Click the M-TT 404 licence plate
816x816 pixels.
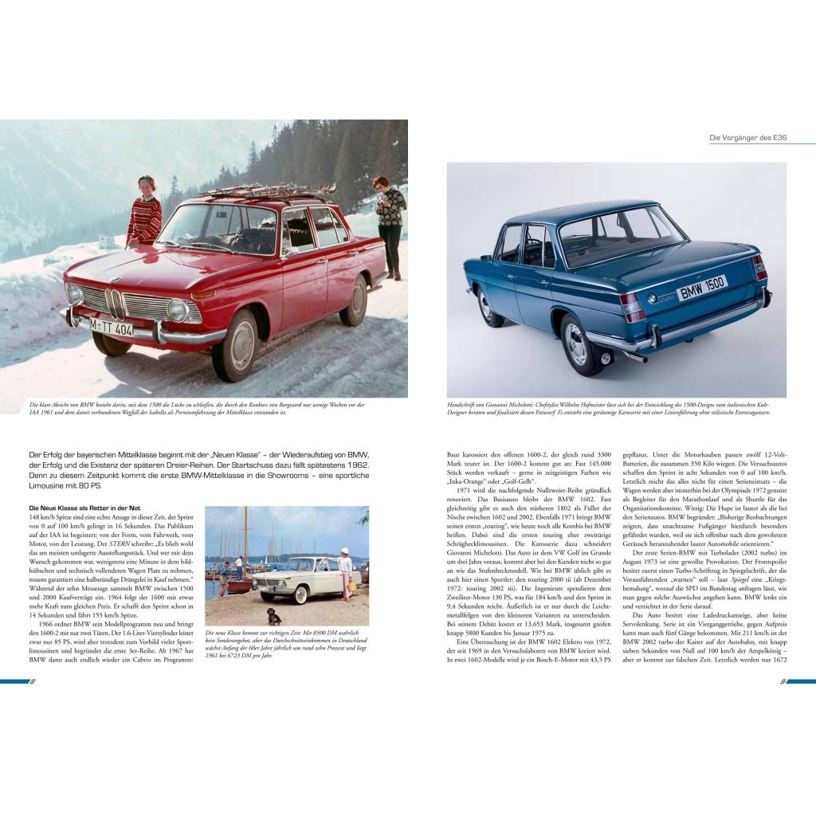click(x=111, y=326)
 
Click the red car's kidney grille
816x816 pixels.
click(x=115, y=304)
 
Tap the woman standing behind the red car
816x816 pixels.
click(x=390, y=223)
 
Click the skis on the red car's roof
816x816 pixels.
click(x=267, y=192)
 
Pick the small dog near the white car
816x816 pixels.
click(x=274, y=616)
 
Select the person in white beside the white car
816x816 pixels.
click(x=345, y=571)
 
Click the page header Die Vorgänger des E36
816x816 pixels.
click(x=747, y=138)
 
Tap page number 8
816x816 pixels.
click(x=33, y=681)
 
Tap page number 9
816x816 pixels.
click(x=783, y=681)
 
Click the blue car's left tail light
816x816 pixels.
click(x=633, y=306)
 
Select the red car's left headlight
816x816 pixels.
click(x=178, y=309)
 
